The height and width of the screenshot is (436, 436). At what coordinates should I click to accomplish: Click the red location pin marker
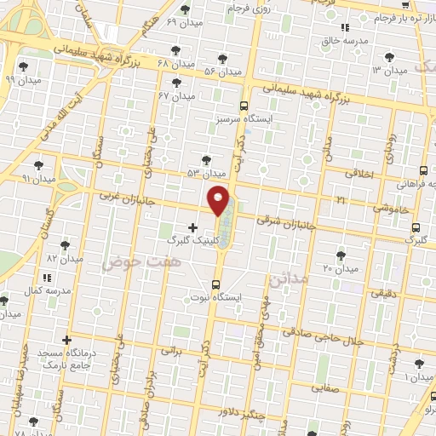pos(219,199)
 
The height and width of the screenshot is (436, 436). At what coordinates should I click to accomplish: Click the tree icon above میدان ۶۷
pos(176,83)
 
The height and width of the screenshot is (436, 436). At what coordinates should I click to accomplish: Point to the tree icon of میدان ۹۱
pos(37,165)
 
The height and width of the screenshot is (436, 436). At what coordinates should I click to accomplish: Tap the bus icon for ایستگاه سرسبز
pos(244,107)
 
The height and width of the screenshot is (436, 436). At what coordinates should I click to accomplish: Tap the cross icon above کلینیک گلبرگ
pos(192,227)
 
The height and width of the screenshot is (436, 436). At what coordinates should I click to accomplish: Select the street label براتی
pos(171,350)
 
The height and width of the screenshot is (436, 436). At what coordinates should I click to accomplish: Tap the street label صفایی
pos(325,387)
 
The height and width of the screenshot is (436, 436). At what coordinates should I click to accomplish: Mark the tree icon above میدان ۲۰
pos(341,255)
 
